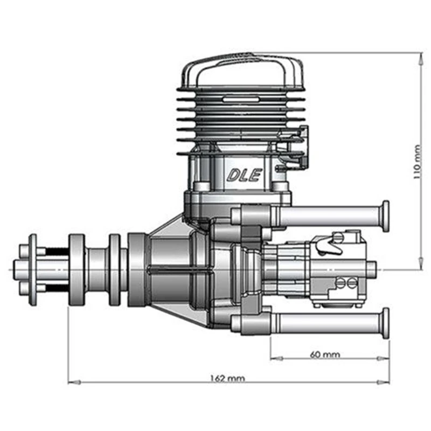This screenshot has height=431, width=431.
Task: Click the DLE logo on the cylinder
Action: click(x=244, y=175)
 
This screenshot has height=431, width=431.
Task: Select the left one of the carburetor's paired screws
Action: click(x=340, y=282)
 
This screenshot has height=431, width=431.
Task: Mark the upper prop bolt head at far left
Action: click(x=24, y=250)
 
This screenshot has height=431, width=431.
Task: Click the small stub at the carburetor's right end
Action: click(x=372, y=267)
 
